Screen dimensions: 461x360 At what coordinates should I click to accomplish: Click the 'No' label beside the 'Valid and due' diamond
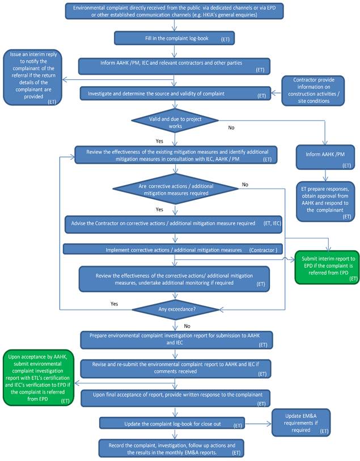coord(231,127)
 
